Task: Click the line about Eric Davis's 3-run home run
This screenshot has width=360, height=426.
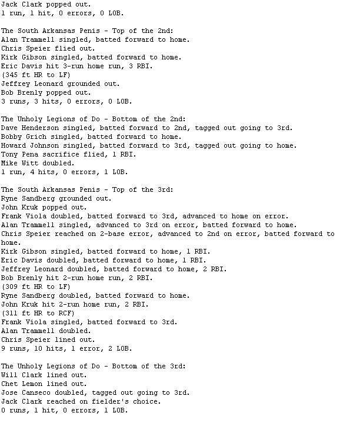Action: [x=76, y=66]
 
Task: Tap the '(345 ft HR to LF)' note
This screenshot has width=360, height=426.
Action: [x=36, y=75]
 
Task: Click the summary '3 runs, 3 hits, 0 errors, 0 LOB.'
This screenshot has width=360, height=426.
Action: [x=64, y=101]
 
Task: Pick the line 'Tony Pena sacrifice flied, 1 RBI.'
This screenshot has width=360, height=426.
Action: [x=68, y=154]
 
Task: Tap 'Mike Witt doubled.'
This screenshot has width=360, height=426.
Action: [x=38, y=163]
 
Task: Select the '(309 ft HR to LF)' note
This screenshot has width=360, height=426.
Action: [x=36, y=287]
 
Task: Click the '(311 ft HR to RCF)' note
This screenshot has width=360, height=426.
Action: [x=38, y=313]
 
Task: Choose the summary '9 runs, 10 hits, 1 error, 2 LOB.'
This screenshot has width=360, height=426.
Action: [x=66, y=348]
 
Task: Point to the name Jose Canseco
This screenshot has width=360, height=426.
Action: [x=25, y=392]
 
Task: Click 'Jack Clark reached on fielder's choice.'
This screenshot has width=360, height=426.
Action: [x=81, y=401]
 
